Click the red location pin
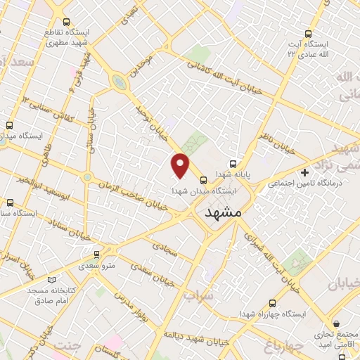tap(181, 165)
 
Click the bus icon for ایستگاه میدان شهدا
tap(203, 179)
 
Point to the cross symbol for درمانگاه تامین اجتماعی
tap(304, 172)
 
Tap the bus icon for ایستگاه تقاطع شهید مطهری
tap(66, 23)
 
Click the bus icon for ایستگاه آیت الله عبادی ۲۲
tap(309, 33)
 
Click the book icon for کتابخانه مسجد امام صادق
tap(49, 281)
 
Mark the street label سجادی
tap(166, 245)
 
